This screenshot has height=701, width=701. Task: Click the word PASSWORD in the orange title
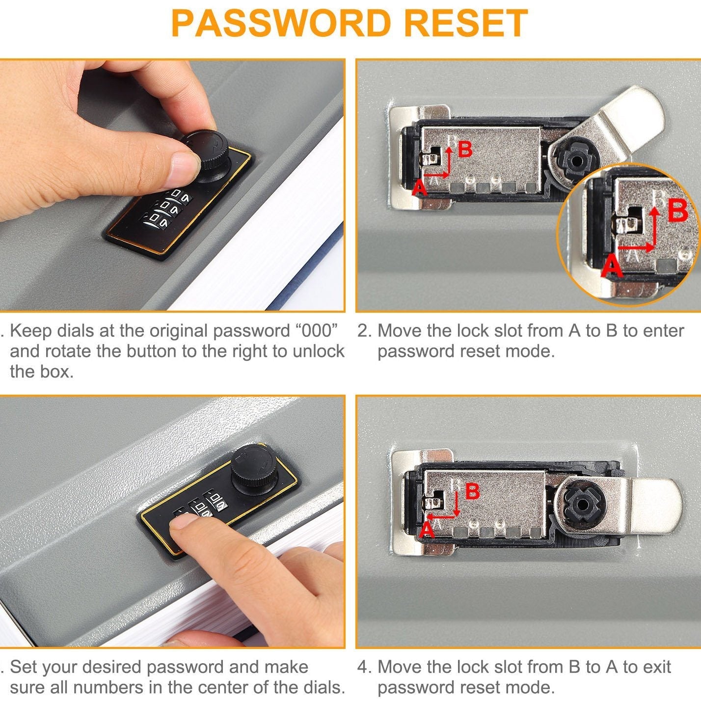(280, 23)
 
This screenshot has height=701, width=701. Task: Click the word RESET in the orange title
(466, 23)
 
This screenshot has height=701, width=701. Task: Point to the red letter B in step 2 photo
(465, 149)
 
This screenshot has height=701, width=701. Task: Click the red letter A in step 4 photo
(427, 531)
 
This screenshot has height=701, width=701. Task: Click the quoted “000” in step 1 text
(316, 331)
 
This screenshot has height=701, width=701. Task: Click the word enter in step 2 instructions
(662, 331)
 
